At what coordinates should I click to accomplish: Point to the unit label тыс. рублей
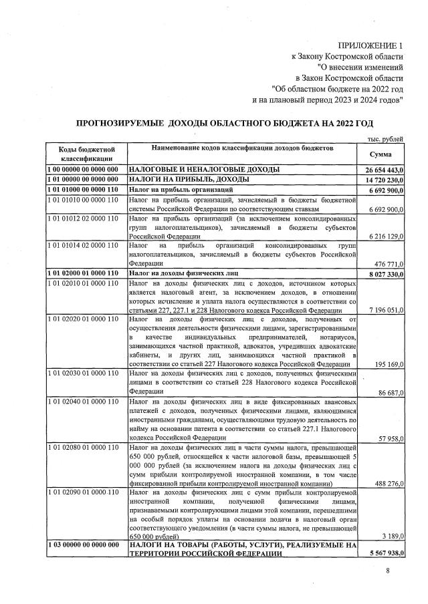point(386,138)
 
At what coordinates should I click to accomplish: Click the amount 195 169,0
point(386,364)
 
